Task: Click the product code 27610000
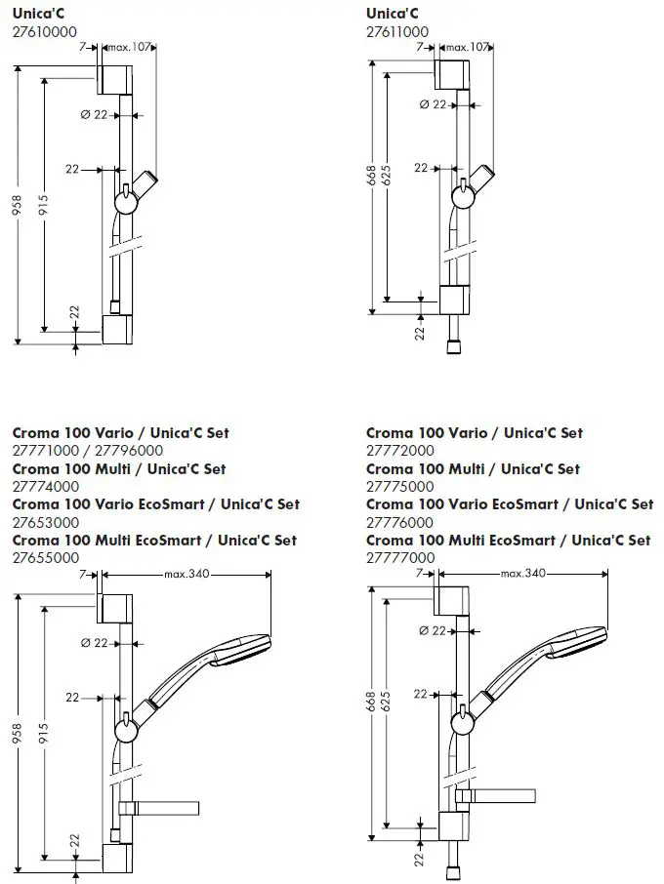(46, 31)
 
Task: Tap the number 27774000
(46, 486)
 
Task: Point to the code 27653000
(46, 522)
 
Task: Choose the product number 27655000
(46, 557)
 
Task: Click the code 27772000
(400, 451)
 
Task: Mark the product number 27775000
(400, 486)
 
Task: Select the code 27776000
(400, 522)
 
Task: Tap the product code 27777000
(400, 557)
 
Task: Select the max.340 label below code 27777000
(522, 573)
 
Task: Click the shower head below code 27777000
(576, 653)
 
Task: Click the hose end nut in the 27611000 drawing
(454, 345)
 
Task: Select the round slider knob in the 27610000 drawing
(126, 202)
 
